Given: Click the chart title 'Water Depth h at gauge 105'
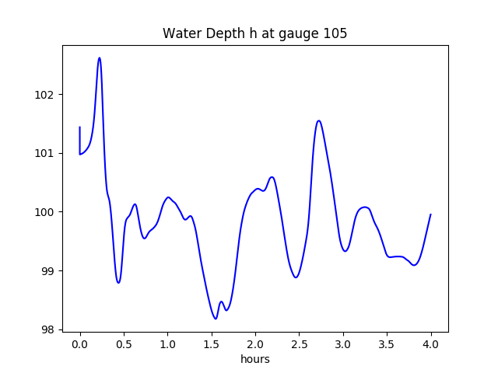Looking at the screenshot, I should (x=254, y=34).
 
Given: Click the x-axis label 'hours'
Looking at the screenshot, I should (x=255, y=359).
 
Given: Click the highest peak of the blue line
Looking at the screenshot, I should (x=100, y=58).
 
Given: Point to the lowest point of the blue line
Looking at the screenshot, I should (x=216, y=319).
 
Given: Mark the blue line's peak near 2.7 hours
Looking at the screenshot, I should (x=318, y=120).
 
